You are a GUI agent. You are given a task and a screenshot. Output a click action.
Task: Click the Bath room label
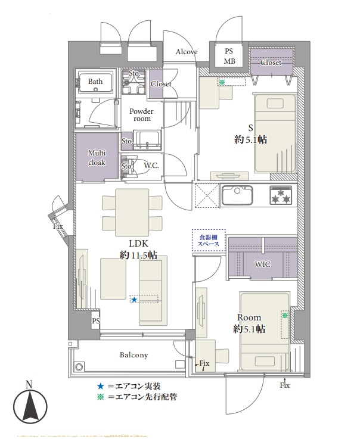coord(95,82)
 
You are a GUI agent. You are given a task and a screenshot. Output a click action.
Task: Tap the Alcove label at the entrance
coord(187,52)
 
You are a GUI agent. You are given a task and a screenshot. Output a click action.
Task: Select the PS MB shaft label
coord(229,56)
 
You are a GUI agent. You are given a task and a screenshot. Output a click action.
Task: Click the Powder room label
coord(141,115)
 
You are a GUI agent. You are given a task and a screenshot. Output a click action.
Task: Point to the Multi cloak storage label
coord(97,158)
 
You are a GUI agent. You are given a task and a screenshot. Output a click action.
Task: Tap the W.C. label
coord(151,166)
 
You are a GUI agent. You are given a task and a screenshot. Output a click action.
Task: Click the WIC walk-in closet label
coord(262,264)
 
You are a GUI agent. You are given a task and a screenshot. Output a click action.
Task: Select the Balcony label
coord(134,355)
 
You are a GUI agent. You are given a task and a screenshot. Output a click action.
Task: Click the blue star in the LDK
coord(134,300)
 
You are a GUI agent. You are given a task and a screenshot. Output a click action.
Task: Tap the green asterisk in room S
coord(222,82)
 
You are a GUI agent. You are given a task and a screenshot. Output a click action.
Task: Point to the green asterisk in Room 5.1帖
coord(285,316)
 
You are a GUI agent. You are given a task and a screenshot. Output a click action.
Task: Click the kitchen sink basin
coord(237,195)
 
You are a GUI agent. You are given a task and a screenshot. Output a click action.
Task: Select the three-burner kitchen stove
coord(281,195)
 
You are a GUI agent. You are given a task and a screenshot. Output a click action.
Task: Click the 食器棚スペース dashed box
coord(209,241)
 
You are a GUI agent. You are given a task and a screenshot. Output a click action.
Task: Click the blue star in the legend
coord(101,387)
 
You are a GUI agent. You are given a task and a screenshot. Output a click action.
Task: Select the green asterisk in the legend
coord(101,397)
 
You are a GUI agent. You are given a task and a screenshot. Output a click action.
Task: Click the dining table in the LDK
coord(132,212)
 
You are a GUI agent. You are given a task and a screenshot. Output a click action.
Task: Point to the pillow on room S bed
coord(275,103)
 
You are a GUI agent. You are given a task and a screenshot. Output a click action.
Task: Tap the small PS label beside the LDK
coord(96,321)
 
